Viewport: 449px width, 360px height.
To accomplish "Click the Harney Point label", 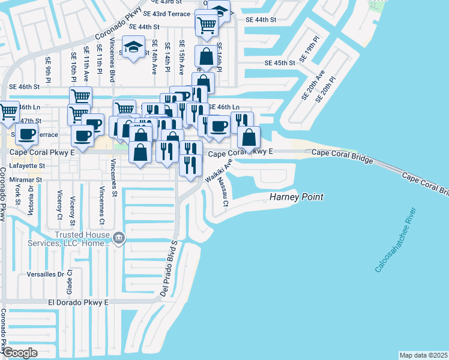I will click(296, 197).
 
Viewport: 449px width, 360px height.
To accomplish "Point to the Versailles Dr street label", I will click(45, 274).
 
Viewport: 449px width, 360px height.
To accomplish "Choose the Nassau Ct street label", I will click(223, 191).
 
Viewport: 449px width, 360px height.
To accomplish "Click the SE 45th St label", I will click(280, 63).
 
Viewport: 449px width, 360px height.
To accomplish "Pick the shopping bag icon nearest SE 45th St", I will click(206, 58).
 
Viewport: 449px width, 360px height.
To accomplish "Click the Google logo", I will click(20, 353).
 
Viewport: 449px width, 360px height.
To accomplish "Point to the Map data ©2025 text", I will click(423, 355).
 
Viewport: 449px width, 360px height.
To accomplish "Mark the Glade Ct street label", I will click(70, 279).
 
